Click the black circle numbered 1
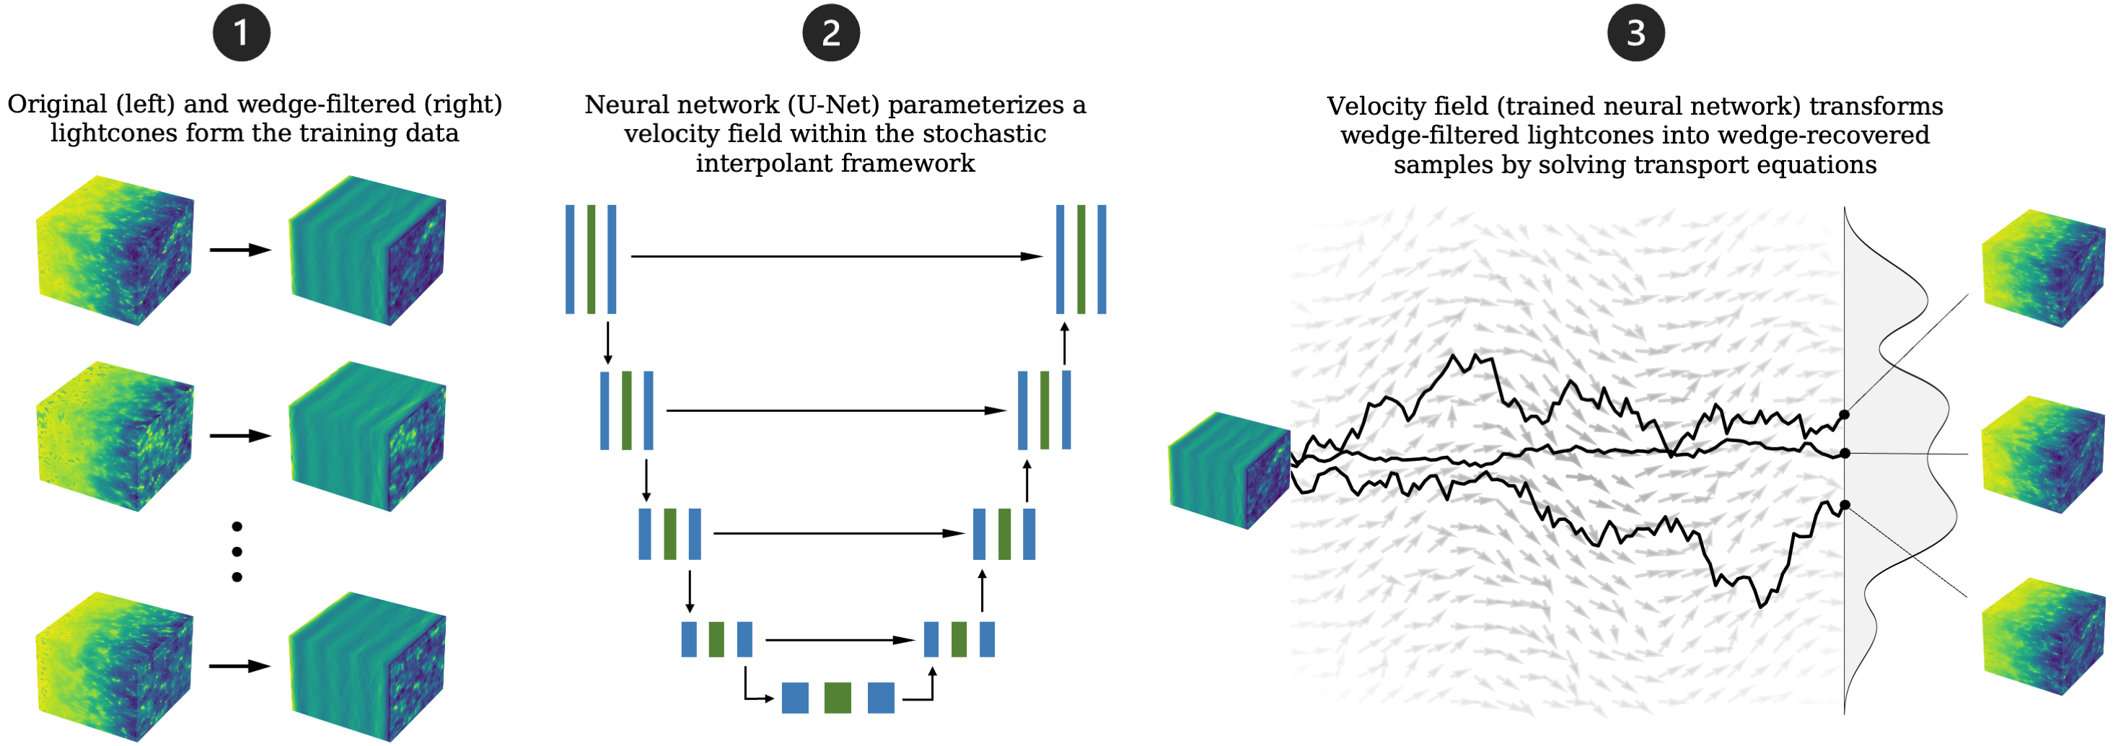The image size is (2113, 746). click(x=241, y=33)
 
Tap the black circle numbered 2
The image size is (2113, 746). click(x=831, y=33)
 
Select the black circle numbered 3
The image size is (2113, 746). click(x=1635, y=33)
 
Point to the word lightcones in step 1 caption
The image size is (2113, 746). click(x=113, y=133)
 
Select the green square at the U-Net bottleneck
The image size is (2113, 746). click(x=838, y=698)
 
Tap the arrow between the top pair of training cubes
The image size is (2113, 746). click(x=240, y=250)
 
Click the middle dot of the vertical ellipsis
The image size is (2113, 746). click(x=237, y=551)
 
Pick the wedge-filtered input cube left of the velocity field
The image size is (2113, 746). click(x=1228, y=470)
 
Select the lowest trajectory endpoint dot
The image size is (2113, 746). click(x=1844, y=506)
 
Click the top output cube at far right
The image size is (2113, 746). click(x=2042, y=268)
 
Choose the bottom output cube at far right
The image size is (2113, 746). click(x=2042, y=636)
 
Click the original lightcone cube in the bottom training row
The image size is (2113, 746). click(x=115, y=667)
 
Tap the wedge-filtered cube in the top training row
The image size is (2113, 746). click(x=366, y=250)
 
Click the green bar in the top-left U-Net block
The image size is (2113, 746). click(x=591, y=259)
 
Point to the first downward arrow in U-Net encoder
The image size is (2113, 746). click(x=608, y=343)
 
